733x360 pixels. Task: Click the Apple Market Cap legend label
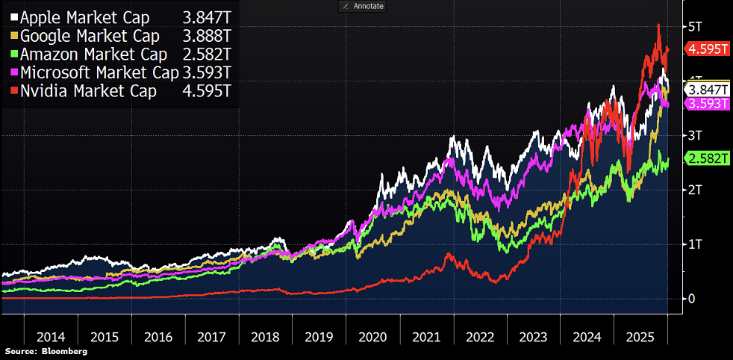click(x=84, y=16)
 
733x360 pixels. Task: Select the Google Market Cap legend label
click(x=89, y=35)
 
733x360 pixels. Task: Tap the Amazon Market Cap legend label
click(x=91, y=54)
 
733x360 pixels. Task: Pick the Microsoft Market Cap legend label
click(x=99, y=72)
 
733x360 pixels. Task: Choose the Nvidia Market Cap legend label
click(x=87, y=91)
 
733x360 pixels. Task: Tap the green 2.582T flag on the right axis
click(x=707, y=158)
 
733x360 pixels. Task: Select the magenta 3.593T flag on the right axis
click(x=707, y=104)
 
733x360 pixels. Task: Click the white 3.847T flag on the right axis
click(x=707, y=89)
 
